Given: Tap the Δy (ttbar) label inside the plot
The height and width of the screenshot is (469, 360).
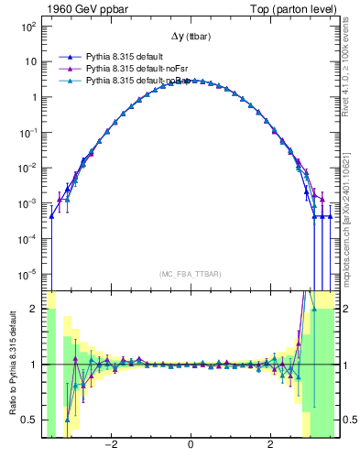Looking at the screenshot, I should (x=190, y=37).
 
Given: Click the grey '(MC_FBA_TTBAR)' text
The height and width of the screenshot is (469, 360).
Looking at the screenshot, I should (x=190, y=274).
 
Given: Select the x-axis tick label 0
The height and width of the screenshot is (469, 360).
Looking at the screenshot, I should (x=190, y=446).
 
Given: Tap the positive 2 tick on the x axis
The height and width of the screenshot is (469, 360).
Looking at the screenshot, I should (x=269, y=446).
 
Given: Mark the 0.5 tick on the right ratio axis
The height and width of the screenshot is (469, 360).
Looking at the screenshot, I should (x=347, y=420).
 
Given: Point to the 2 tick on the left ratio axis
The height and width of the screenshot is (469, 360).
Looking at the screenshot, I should (x=34, y=309).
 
